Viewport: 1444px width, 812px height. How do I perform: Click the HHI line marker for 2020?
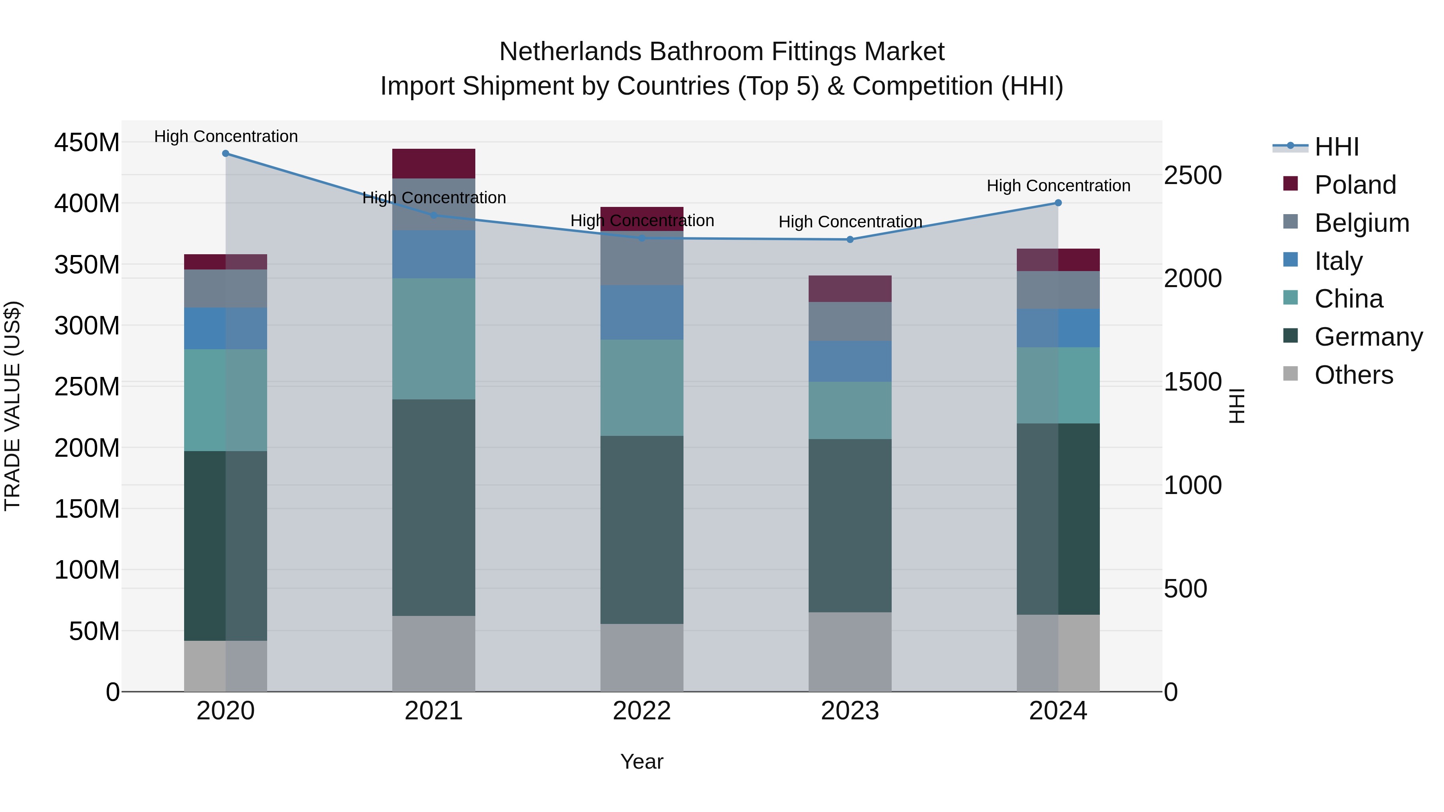point(225,154)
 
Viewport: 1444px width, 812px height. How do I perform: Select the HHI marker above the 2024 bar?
point(1058,203)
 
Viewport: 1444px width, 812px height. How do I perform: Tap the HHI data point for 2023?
point(850,240)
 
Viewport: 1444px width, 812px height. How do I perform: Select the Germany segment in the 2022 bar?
point(642,530)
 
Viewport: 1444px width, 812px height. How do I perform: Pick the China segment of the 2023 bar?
point(850,410)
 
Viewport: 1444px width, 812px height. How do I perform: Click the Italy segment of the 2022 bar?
point(642,312)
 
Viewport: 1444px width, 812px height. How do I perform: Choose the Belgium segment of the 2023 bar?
point(850,321)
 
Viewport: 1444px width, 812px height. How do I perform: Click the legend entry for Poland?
point(1355,185)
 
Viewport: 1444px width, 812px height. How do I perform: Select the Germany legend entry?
point(1368,337)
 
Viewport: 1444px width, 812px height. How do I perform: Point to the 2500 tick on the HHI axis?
point(1193,175)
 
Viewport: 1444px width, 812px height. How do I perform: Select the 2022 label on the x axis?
point(642,711)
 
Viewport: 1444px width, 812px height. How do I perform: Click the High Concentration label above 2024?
point(1058,186)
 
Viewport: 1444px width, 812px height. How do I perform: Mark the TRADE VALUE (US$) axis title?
point(12,406)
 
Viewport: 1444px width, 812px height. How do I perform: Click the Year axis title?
point(642,761)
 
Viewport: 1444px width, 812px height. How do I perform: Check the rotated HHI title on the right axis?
point(1236,406)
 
